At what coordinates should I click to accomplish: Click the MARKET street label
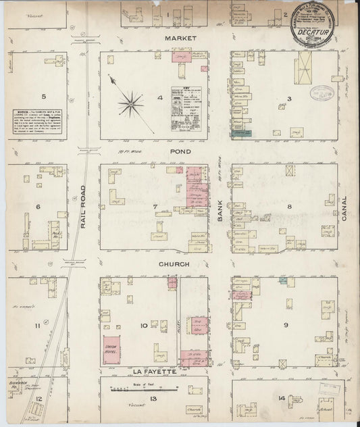click(x=180, y=39)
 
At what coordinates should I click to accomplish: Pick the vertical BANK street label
click(x=220, y=207)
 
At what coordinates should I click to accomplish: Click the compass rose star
click(x=130, y=103)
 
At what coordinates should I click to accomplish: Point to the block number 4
click(x=160, y=99)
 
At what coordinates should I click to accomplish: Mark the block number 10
click(x=143, y=326)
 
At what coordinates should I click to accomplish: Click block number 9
click(x=286, y=326)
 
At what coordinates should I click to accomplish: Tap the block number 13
click(x=153, y=401)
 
